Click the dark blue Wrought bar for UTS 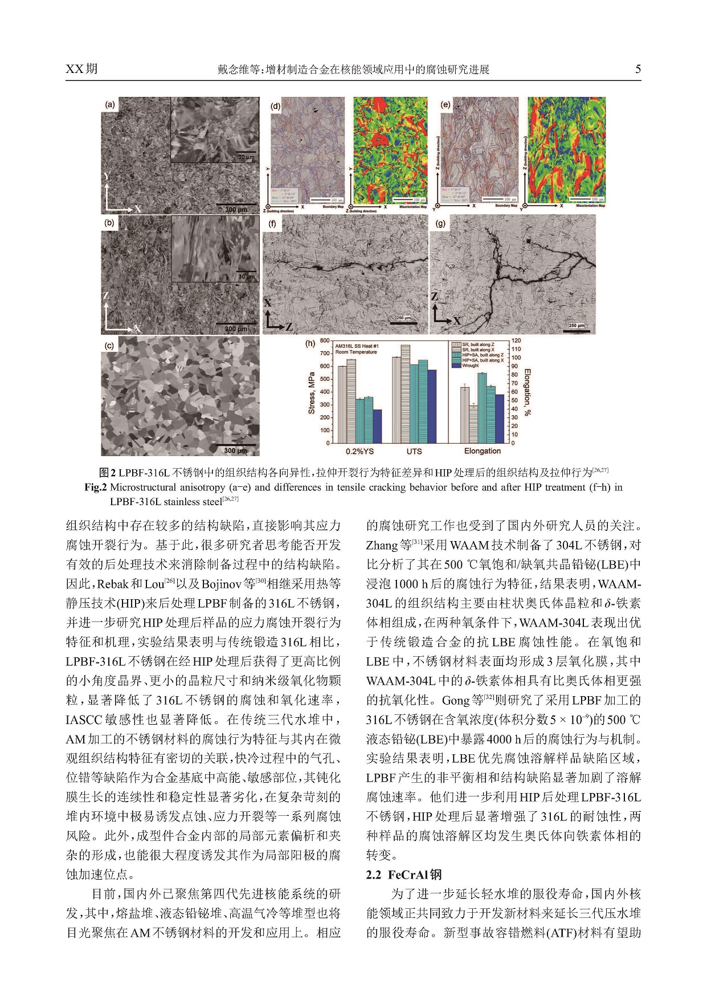432,406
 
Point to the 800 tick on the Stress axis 324,341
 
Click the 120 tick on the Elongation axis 516,341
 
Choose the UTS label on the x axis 414,451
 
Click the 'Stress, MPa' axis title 312,393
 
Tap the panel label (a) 110,104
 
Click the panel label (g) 440,223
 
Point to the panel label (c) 109,345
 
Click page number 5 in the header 638,70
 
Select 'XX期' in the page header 81,69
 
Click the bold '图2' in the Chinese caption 107,473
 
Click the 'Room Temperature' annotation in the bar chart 356,352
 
